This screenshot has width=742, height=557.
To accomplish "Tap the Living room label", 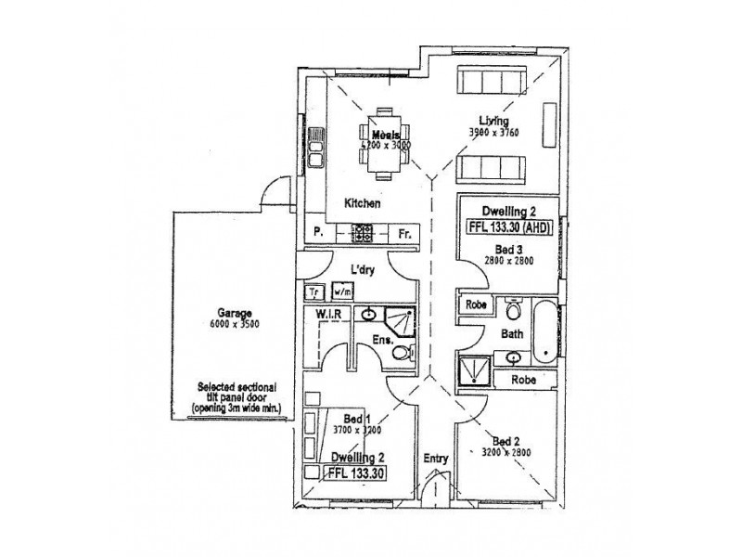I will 493,120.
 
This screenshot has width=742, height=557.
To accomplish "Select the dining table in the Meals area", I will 384,144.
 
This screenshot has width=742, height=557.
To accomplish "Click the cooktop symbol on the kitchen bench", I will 362,235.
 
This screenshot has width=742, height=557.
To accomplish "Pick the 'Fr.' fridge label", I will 404,235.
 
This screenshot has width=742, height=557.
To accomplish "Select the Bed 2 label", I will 506,441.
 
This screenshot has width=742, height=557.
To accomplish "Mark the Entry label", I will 436,458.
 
